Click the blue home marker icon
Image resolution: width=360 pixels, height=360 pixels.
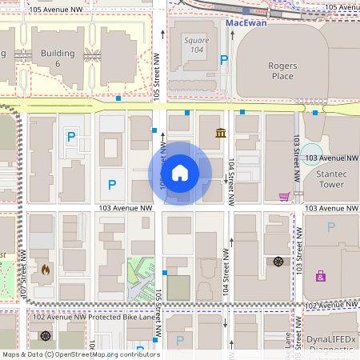(x=180, y=173)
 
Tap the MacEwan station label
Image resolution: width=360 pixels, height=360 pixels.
(x=245, y=22)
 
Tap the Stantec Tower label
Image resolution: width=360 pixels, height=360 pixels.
(x=323, y=177)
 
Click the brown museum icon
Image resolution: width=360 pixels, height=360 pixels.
(x=220, y=132)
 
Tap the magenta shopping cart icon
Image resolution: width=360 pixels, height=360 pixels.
(x=284, y=196)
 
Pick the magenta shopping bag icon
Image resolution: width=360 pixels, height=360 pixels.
(x=321, y=276)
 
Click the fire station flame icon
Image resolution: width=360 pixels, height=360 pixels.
(x=46, y=270)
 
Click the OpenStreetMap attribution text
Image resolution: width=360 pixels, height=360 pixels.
(x=81, y=354)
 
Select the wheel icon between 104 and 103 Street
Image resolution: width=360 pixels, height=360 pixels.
(x=278, y=261)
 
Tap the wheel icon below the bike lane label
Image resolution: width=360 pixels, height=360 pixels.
(x=46, y=336)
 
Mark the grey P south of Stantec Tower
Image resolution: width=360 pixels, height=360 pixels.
(x=330, y=227)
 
